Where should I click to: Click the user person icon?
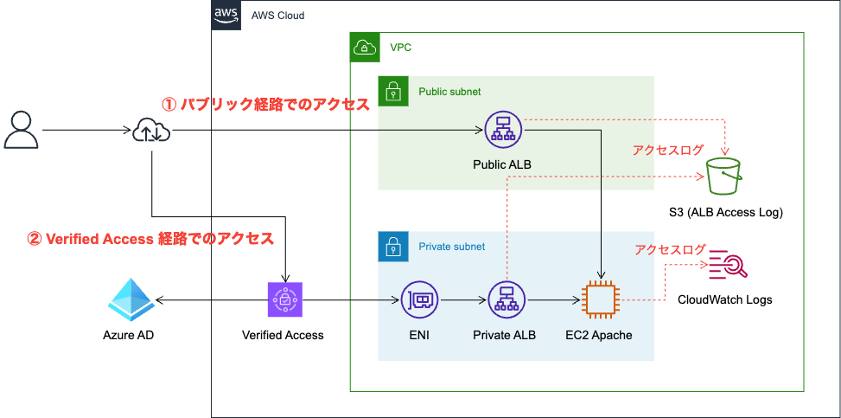[x=22, y=130]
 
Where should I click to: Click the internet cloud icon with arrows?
[x=152, y=130]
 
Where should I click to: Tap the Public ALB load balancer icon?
[x=502, y=130]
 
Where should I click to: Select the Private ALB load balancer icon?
[x=505, y=299]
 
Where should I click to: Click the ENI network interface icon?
[x=419, y=299]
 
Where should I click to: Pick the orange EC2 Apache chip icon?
[x=601, y=299]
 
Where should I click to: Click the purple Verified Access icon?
[x=285, y=299]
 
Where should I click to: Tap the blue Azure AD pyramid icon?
[x=131, y=300]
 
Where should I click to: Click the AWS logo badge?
[x=226, y=15]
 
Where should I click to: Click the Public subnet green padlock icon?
[x=392, y=91]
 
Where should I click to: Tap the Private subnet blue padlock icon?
[x=392, y=247]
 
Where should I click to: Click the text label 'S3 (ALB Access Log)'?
[x=726, y=213]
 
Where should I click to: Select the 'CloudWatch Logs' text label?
[x=725, y=299]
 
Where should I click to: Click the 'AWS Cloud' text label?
[x=277, y=16]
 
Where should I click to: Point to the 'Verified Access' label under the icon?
[x=283, y=335]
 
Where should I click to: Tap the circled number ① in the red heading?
[x=169, y=105]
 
